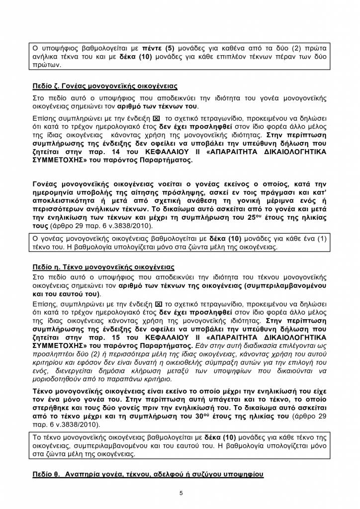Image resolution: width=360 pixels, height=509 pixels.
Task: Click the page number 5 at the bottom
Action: (x=181, y=493)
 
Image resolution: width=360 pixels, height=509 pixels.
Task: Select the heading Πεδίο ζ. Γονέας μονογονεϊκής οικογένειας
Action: (x=105, y=85)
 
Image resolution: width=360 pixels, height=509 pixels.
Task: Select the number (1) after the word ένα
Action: (x=321, y=238)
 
